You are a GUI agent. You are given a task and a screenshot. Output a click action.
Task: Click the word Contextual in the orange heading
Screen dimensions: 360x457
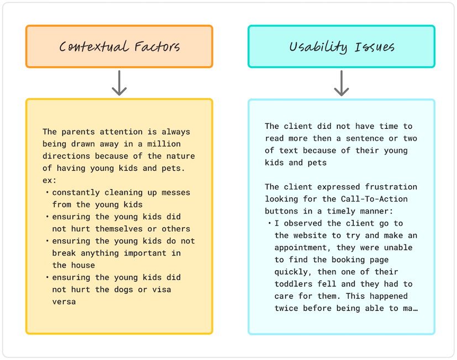pyautogui.click(x=92, y=46)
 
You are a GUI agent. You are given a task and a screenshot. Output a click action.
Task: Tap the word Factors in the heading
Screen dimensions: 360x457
pyautogui.click(x=156, y=46)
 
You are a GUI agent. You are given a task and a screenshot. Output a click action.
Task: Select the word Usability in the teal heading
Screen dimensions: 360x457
pyautogui.click(x=315, y=46)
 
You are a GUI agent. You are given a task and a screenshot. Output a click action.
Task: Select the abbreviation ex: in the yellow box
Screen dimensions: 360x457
pyautogui.click(x=50, y=180)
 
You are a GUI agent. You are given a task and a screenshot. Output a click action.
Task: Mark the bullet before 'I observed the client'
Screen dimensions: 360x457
pyautogui.click(x=269, y=223)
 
